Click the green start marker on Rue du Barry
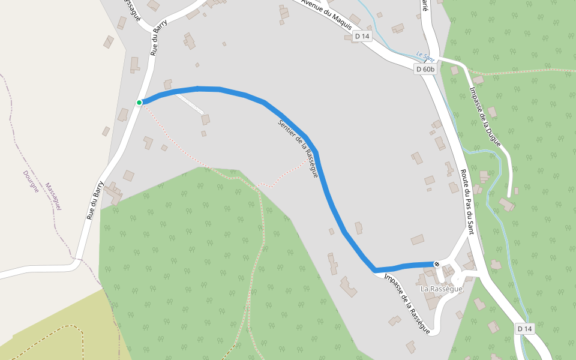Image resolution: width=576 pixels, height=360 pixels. [x=139, y=103]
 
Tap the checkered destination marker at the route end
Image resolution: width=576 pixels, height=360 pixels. [x=437, y=264]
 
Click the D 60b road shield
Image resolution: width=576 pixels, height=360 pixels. [x=425, y=69]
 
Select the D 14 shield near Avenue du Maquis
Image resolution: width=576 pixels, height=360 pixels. [x=362, y=36]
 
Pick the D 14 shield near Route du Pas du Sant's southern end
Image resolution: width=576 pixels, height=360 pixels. [x=524, y=329]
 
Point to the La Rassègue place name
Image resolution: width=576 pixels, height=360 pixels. [x=442, y=289]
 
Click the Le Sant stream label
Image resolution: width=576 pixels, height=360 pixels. [x=425, y=57]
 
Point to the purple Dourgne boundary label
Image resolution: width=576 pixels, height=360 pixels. [x=31, y=180]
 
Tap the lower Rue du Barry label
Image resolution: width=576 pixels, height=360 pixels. [x=95, y=200]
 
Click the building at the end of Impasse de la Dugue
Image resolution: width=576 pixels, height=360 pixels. [x=506, y=205]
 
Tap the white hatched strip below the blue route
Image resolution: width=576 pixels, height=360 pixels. [x=191, y=106]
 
